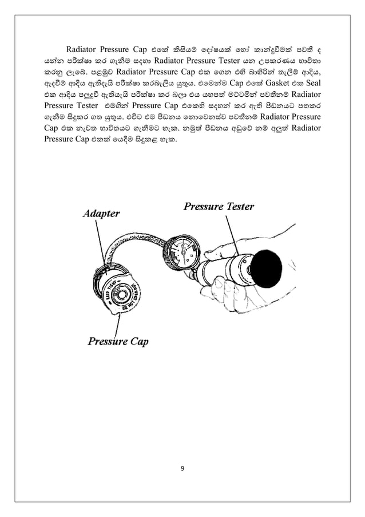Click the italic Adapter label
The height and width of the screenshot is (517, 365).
tap(101, 214)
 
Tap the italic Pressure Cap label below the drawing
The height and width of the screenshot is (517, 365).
tap(118, 342)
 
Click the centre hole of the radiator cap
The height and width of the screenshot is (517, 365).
tap(122, 297)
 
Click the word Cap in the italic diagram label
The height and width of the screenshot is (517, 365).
tap(137, 342)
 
